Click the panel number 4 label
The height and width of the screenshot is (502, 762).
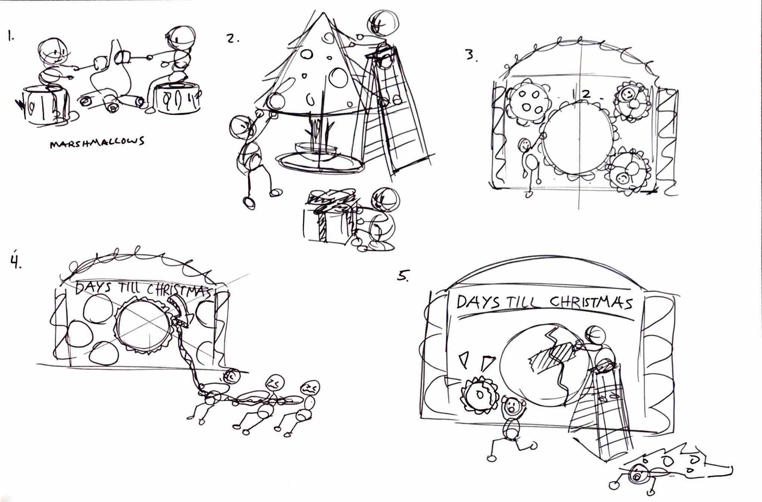point(15,262)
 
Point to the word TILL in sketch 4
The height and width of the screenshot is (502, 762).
point(130,288)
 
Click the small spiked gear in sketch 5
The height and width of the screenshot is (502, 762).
point(479,394)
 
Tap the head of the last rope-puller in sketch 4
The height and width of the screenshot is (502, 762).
point(310,388)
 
